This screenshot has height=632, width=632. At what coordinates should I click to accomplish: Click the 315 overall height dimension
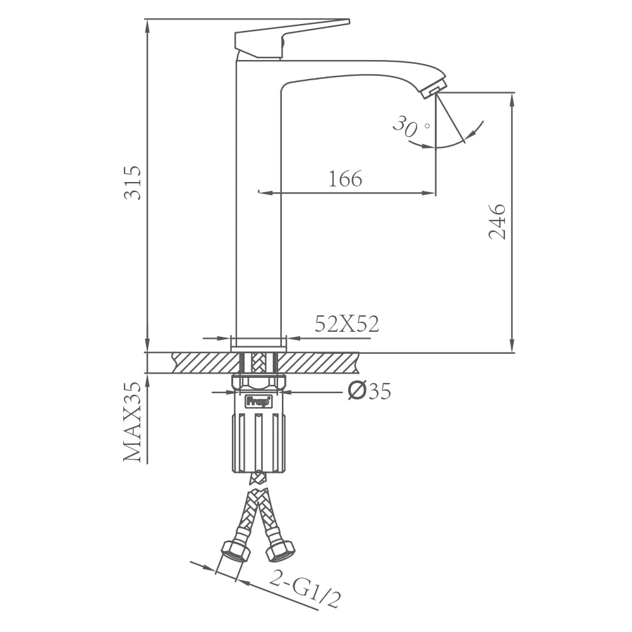click(x=133, y=182)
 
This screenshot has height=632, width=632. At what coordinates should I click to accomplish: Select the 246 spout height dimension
click(x=497, y=222)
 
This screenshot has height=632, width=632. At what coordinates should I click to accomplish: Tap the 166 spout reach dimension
click(x=346, y=179)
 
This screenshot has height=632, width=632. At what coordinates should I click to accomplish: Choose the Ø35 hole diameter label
click(x=369, y=391)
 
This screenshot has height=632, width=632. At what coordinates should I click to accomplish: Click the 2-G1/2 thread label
click(x=305, y=588)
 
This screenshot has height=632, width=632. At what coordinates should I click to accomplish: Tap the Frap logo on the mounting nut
click(x=258, y=401)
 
